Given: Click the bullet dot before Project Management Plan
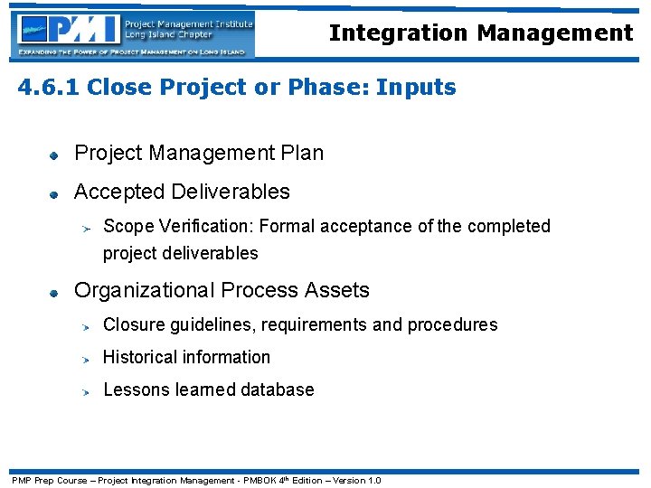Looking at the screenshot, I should click(x=54, y=155).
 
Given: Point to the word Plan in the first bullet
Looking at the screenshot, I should click(x=302, y=154).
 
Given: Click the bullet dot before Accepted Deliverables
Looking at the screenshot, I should click(x=54, y=193).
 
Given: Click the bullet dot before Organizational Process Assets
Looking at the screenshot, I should click(x=54, y=292).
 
